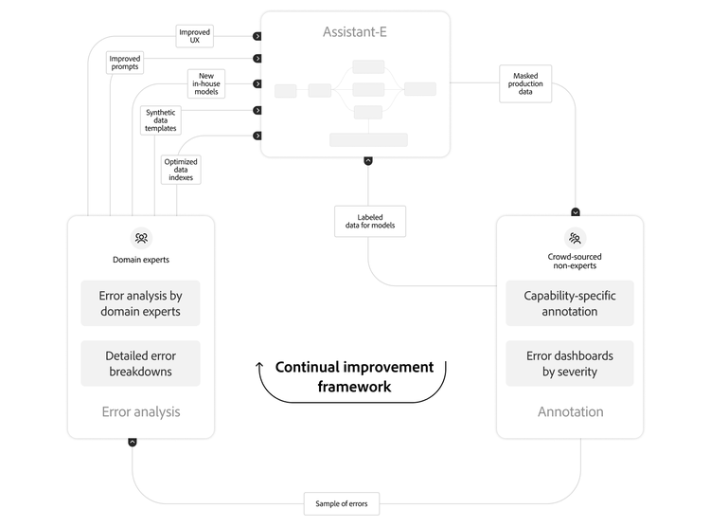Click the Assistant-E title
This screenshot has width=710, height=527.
pos(355,32)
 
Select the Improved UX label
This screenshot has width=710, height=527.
pos(195,36)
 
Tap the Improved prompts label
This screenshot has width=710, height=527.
pos(125,63)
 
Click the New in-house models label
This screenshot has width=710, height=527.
pos(205,83)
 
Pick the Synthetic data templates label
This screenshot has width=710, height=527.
pos(160,120)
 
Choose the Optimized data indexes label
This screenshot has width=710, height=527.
pos(181,170)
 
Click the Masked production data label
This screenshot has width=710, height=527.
pos(525,82)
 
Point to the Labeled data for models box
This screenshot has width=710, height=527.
pos(370,222)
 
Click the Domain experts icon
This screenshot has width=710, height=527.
pos(140,238)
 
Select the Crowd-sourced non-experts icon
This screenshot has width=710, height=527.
pos(575,237)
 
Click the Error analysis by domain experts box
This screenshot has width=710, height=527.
pos(140,303)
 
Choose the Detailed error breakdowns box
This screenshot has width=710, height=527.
pos(140,363)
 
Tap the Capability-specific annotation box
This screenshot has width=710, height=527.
pos(569,303)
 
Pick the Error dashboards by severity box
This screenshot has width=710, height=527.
pos(569,363)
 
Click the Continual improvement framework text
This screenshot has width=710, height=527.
pos(354,376)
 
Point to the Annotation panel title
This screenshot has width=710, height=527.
pos(569,412)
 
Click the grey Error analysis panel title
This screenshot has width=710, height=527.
pos(140,412)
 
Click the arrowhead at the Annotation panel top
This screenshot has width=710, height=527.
pos(576,211)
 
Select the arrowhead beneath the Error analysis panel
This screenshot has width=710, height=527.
pos(133,442)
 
